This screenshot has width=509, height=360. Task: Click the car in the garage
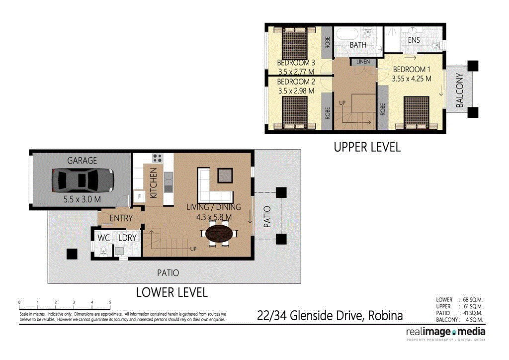[x=83, y=180]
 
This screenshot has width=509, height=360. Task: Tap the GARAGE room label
[x=83, y=161]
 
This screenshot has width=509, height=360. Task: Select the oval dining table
[x=219, y=234]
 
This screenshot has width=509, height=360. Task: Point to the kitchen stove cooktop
[x=158, y=159]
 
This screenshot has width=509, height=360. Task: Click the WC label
[x=103, y=238]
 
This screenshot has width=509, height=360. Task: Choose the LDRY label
[x=127, y=238]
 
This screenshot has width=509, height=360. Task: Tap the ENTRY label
[x=121, y=218]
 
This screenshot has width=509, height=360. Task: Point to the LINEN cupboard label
[x=362, y=62]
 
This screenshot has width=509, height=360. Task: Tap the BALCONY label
[x=460, y=91]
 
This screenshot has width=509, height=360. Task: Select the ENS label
[x=414, y=40]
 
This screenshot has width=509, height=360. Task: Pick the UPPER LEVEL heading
[x=367, y=147]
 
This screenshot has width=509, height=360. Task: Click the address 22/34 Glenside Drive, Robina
[x=330, y=316]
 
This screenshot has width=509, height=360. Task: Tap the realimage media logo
[x=446, y=332]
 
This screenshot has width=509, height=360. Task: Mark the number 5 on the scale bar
[x=110, y=302]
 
